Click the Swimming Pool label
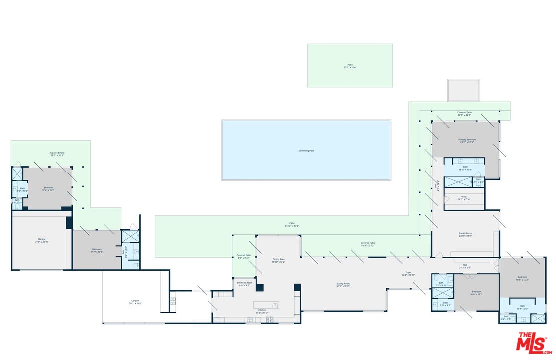coord(306,150)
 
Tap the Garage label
coord(42,240)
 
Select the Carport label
coord(135,302)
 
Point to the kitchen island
coord(266,305)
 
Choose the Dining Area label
coord(278,260)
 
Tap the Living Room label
coord(343,285)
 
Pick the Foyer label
coord(408,273)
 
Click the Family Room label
coord(466,234)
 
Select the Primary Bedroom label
coord(467,141)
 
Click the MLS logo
coord(534,342)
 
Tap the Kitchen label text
coord(262,310)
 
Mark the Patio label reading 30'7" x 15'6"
coord(350,65)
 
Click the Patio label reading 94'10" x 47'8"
coord(292,224)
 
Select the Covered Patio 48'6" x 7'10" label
coord(368,244)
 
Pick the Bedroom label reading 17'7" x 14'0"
coord(97,250)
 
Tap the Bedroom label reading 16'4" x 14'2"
coord(522,278)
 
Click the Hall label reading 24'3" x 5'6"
coord(465,266)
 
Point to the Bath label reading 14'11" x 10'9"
coord(465,168)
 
